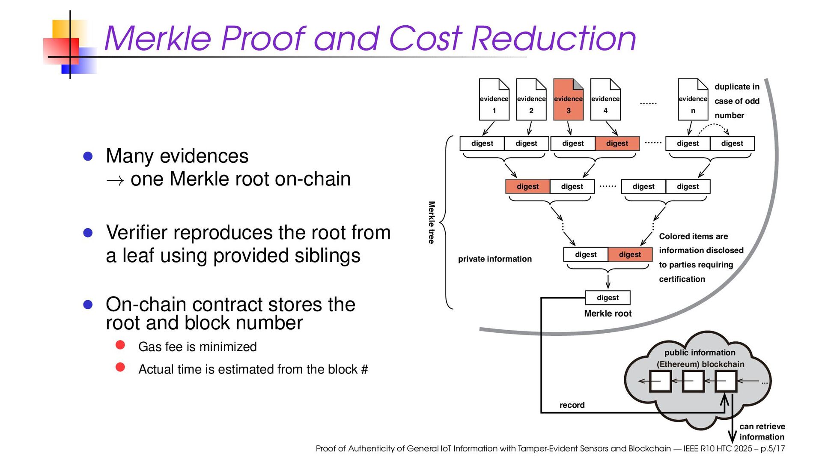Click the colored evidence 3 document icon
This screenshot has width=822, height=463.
point(568,100)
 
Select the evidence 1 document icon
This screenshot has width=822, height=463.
point(494,100)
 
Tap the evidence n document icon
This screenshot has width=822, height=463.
point(693,100)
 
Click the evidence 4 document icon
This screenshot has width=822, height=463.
point(605,100)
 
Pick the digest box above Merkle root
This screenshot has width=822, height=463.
point(608,298)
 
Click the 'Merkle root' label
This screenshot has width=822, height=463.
point(608,314)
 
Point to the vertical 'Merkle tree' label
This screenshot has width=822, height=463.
point(432,222)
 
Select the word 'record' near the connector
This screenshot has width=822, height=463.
point(572,405)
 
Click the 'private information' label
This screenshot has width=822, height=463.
point(494,259)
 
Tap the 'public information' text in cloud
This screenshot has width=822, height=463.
point(700,352)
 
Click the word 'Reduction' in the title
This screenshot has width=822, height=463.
point(553,39)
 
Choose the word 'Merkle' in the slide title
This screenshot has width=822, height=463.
point(158,39)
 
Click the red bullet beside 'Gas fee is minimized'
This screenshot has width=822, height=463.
point(120,345)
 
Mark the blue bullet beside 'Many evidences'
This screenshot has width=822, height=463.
point(88,156)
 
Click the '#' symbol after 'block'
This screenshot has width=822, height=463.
point(364,370)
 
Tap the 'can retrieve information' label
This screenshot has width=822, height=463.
point(762,432)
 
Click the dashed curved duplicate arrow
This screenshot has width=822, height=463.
point(714,126)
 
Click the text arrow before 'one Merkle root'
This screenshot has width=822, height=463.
point(115,180)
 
